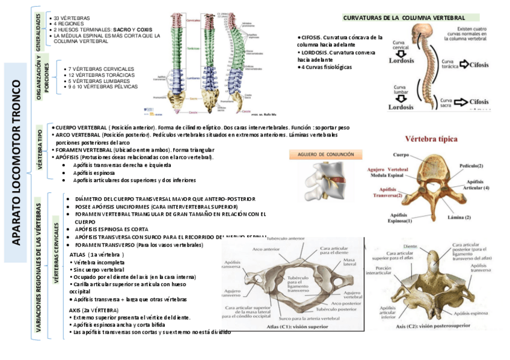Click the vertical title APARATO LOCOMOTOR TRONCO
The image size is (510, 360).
tap(16, 162)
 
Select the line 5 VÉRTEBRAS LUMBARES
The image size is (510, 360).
tap(98, 81)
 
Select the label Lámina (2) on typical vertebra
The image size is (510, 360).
tap(459, 217)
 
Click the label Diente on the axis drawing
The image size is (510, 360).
tap(410, 246)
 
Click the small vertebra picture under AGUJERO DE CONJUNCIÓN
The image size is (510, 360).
tap(325, 178)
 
